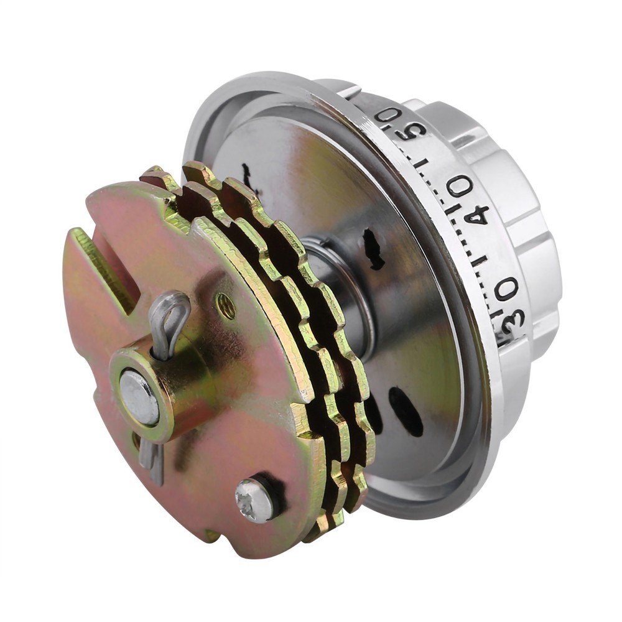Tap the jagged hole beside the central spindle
[373, 249]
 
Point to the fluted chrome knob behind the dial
[510, 187]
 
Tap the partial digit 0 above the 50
[387, 114]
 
